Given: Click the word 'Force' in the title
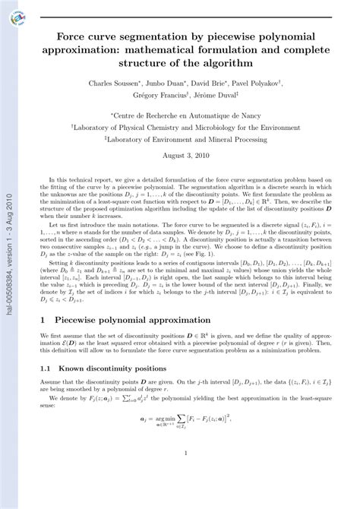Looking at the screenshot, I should [77, 36].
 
